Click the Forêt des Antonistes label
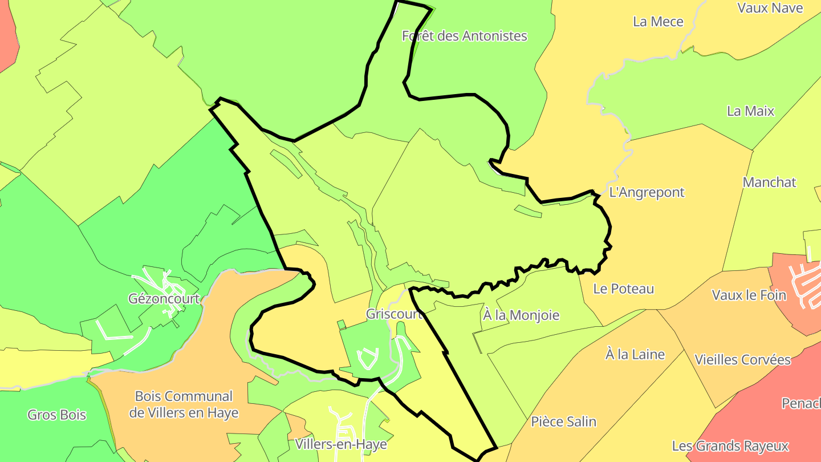(x=464, y=36)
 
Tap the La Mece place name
(x=658, y=22)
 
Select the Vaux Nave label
(x=770, y=8)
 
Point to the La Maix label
(x=750, y=111)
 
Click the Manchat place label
(x=769, y=183)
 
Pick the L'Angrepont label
(x=647, y=192)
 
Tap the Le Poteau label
(x=623, y=289)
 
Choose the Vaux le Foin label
(x=749, y=295)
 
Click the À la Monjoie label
(x=521, y=315)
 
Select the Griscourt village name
(x=394, y=314)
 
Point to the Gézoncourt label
(x=164, y=299)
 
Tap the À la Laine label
(x=635, y=355)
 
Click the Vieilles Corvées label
(x=742, y=360)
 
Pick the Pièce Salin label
(x=563, y=422)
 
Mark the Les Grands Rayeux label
(x=730, y=446)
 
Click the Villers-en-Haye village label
(x=341, y=444)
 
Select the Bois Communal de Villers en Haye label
(x=184, y=404)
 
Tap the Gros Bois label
(x=57, y=415)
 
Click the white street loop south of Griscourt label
(x=367, y=358)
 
